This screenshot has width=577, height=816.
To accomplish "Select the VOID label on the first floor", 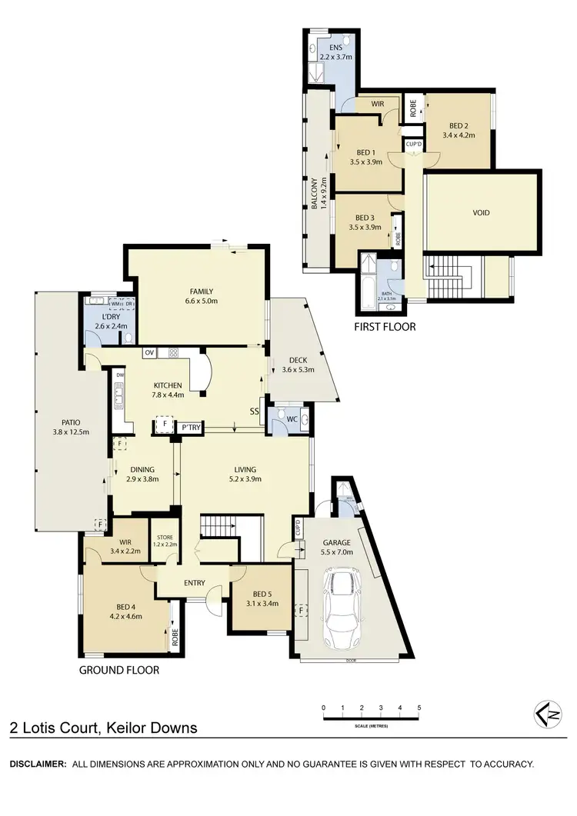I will (x=482, y=213).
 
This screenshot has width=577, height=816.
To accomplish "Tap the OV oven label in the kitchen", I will (x=150, y=353).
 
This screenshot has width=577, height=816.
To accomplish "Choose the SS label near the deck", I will (x=253, y=411).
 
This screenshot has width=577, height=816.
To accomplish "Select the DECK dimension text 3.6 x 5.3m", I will (x=298, y=371).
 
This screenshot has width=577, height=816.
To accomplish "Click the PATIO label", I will (x=61, y=421).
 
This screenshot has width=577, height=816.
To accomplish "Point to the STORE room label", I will (x=165, y=537).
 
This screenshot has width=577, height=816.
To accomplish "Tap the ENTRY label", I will (x=194, y=583).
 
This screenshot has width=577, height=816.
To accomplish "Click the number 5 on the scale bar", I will (x=419, y=708).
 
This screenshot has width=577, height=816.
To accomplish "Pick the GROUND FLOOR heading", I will (x=119, y=671).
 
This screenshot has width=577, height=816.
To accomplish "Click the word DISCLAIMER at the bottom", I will (x=37, y=764).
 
